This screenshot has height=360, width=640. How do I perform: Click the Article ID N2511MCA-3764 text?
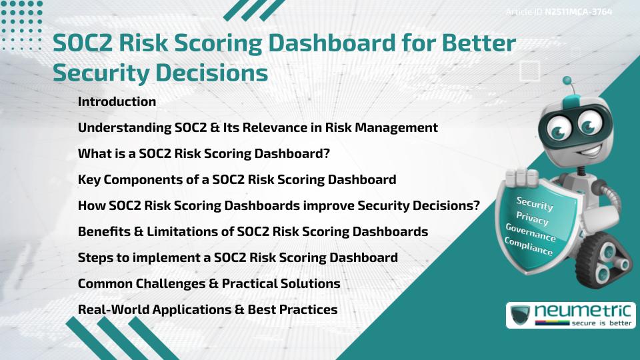pyautogui.click(x=559, y=12)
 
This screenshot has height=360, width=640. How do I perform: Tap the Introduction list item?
pyautogui.click(x=117, y=102)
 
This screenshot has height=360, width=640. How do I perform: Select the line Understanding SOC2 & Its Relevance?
pyautogui.click(x=257, y=128)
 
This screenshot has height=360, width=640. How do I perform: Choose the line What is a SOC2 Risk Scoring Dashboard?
pyautogui.click(x=204, y=154)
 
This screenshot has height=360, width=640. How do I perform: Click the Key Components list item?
pyautogui.click(x=237, y=180)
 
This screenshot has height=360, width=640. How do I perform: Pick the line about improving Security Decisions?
pyautogui.click(x=279, y=206)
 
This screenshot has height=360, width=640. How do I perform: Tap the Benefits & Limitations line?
pyautogui.click(x=253, y=232)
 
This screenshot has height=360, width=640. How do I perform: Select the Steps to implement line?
pyautogui.click(x=237, y=258)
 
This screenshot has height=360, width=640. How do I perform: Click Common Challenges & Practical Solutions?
pyautogui.click(x=209, y=284)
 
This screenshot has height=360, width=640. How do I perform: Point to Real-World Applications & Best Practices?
pyautogui.click(x=207, y=310)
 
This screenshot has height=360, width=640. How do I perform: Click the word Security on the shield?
pyautogui.click(x=534, y=204)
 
